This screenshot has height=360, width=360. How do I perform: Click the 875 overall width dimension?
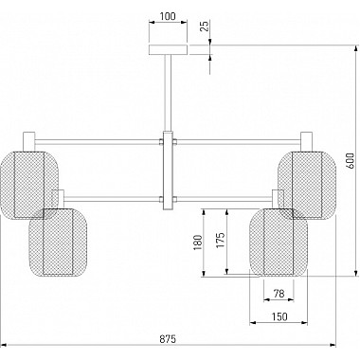click(167, 339)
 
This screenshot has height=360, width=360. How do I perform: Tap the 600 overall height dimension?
click(350, 161)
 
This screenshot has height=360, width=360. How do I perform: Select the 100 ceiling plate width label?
click(168, 16)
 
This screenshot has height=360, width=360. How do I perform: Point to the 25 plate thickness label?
click(205, 26)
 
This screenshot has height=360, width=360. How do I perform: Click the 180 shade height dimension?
click(198, 243)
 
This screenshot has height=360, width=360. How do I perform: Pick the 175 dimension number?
click(221, 241)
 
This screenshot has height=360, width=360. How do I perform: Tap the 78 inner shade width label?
click(279, 294)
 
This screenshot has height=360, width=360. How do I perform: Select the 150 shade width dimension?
click(279, 316)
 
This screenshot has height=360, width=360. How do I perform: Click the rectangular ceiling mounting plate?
click(169, 50)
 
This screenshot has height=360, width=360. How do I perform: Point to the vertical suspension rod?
click(169, 93)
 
